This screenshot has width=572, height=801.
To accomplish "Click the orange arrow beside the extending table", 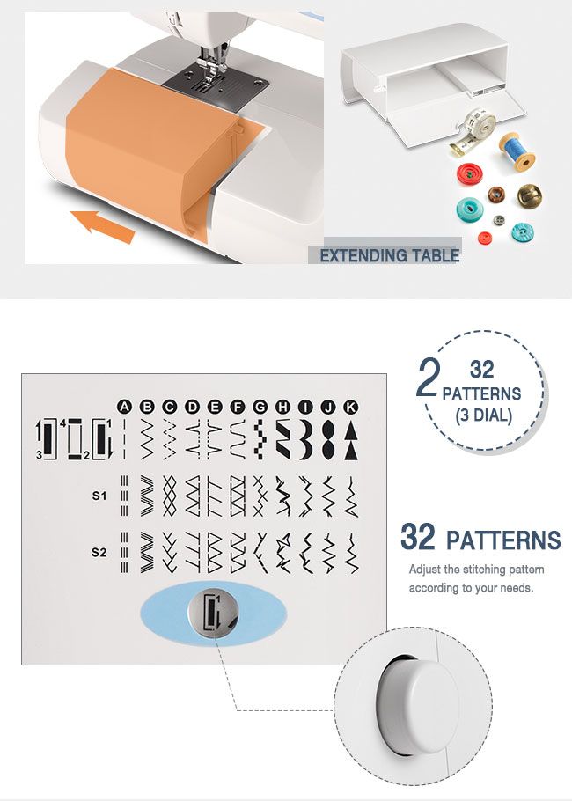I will (x=103, y=224).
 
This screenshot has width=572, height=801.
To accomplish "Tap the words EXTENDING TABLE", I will (x=389, y=256).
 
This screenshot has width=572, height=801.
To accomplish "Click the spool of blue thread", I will (x=517, y=151).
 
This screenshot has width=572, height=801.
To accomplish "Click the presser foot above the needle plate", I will (x=209, y=61).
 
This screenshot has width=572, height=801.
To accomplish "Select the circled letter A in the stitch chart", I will (x=125, y=407).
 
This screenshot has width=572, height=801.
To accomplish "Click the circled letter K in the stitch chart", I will (x=350, y=407).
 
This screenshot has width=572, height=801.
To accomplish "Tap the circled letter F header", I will (x=238, y=407).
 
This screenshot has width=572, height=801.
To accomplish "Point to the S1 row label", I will (x=99, y=496).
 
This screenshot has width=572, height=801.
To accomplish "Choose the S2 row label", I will (x=99, y=553).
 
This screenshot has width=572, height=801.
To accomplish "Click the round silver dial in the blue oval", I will (x=213, y=612).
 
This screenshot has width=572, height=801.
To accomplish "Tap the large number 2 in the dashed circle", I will (x=429, y=378).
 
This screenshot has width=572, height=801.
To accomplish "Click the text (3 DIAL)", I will (x=482, y=415).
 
